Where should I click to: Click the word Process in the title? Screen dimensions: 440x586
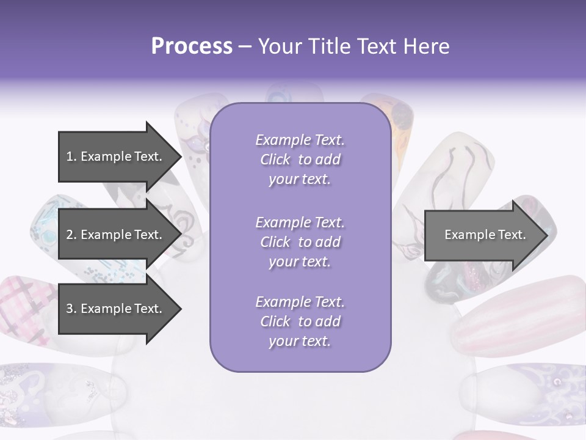(192, 46)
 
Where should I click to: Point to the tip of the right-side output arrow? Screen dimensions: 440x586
(546, 235)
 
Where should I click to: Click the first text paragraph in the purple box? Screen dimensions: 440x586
(300, 159)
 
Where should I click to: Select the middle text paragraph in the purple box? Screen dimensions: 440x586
(300, 242)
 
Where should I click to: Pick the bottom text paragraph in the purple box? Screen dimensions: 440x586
(300, 321)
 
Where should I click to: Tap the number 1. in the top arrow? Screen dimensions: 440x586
(71, 156)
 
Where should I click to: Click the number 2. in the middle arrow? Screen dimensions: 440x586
(71, 235)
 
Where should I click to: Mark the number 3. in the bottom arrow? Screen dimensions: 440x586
(71, 309)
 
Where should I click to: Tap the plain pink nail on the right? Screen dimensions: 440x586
(519, 315)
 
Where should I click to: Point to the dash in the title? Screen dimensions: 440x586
(245, 47)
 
